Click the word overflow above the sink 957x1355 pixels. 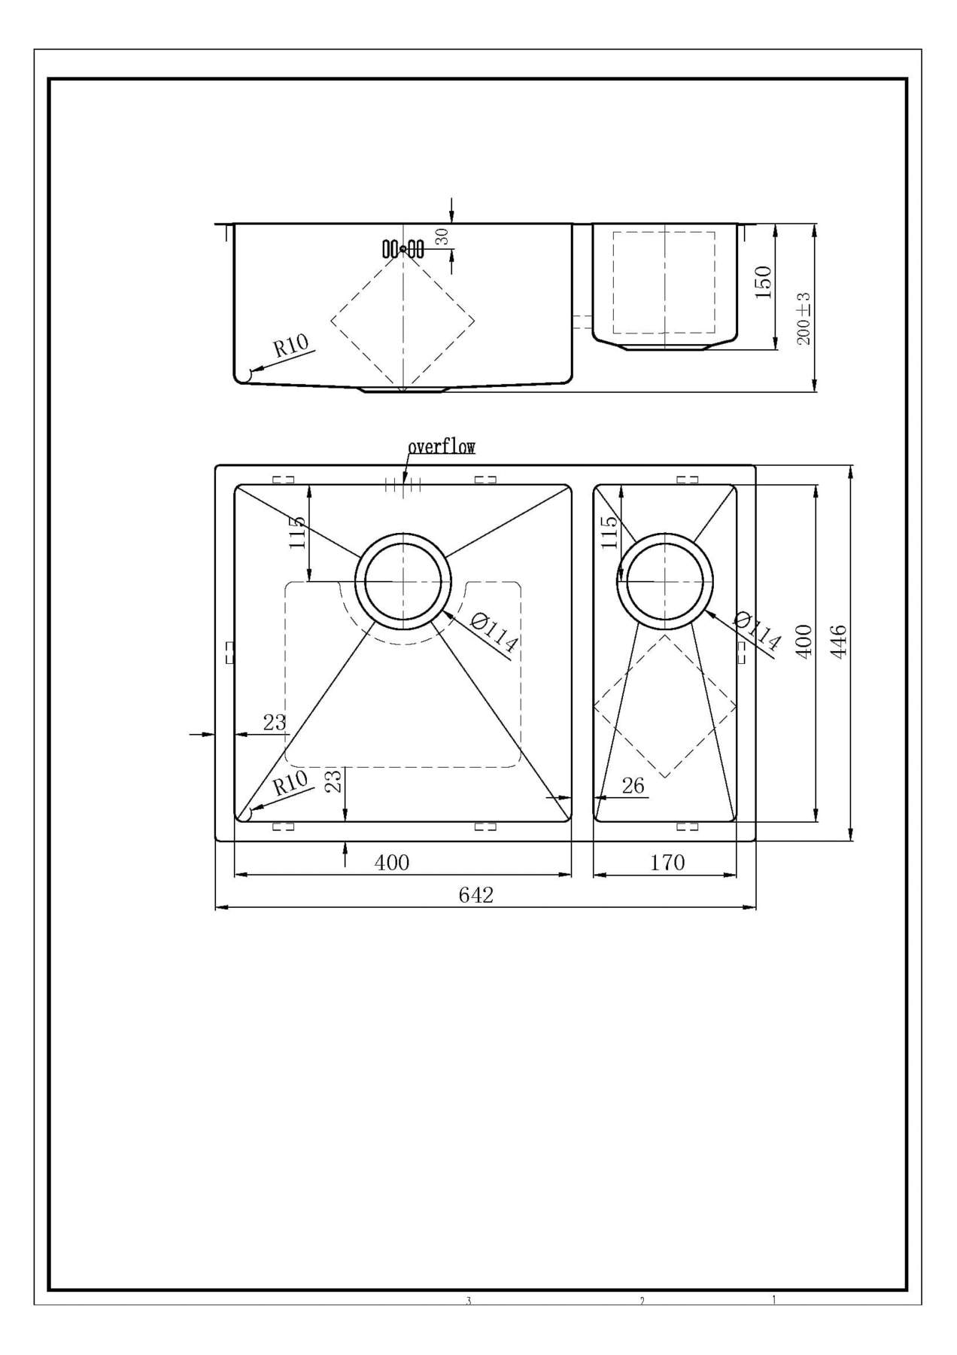click(x=442, y=447)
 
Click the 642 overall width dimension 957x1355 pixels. click(x=475, y=894)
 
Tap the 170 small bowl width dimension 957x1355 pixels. click(x=667, y=862)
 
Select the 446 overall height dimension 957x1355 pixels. click(x=839, y=641)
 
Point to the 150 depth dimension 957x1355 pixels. click(x=764, y=282)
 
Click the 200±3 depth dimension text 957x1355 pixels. click(x=804, y=318)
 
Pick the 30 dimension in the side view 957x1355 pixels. click(x=442, y=236)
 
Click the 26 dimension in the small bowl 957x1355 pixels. click(x=633, y=786)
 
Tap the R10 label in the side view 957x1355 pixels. click(x=290, y=346)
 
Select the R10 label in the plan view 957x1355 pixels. click(x=290, y=783)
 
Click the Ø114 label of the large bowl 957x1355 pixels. click(x=494, y=632)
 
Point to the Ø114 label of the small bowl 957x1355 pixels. click(x=757, y=631)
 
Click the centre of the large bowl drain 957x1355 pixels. click(x=403, y=582)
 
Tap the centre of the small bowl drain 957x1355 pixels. click(x=665, y=581)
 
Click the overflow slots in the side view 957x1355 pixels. click(x=403, y=248)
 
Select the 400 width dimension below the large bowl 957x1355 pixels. click(x=392, y=862)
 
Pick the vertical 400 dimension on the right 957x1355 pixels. click(x=804, y=641)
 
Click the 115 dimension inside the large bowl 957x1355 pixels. click(x=298, y=532)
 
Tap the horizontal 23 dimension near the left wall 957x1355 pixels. click(x=275, y=723)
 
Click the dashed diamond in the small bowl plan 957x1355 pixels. click(x=665, y=706)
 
